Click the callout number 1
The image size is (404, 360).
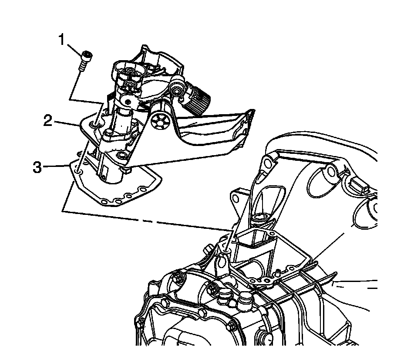(x=61, y=40)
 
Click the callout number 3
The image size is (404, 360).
(x=37, y=167)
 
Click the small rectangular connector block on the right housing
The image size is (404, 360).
(x=359, y=185)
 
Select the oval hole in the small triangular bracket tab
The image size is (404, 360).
(x=235, y=198)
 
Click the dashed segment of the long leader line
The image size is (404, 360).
(x=148, y=221)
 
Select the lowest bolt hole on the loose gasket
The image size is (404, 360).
(x=104, y=201)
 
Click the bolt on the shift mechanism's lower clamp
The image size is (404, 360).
(x=120, y=156)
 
